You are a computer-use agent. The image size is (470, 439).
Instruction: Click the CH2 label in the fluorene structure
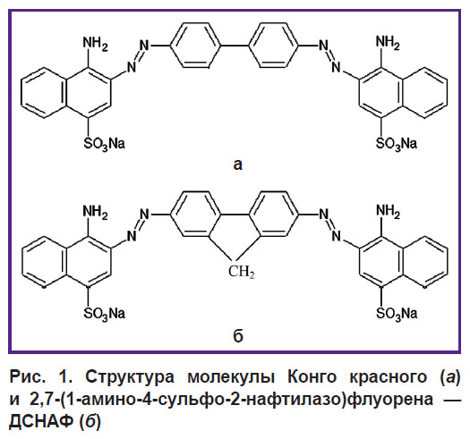click(242, 272)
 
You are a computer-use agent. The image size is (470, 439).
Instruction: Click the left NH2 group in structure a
click(95, 44)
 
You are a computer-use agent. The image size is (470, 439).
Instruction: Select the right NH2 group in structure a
click(388, 43)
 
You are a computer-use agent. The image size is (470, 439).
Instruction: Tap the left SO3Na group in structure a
click(104, 144)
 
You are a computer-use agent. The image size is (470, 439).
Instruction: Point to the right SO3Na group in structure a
click(397, 144)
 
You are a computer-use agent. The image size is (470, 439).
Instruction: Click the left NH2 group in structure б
click(95, 212)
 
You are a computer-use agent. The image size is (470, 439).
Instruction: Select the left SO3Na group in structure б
click(104, 314)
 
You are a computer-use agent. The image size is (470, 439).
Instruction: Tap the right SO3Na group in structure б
click(397, 314)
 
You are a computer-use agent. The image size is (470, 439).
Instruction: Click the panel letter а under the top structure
click(238, 165)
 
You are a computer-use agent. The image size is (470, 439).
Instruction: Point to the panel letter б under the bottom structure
click(238, 335)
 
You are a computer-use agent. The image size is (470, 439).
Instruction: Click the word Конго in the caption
click(312, 376)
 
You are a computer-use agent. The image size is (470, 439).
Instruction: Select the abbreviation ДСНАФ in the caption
click(42, 421)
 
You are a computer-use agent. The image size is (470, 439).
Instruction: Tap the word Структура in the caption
click(130, 377)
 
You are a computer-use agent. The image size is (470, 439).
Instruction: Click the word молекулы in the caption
click(231, 377)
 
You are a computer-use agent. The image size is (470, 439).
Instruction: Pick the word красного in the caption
click(389, 377)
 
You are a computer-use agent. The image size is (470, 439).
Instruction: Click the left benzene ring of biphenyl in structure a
click(195, 46)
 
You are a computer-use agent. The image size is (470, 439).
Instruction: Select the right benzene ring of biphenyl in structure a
click(274, 46)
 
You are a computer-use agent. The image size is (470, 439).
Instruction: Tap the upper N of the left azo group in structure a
click(144, 46)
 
